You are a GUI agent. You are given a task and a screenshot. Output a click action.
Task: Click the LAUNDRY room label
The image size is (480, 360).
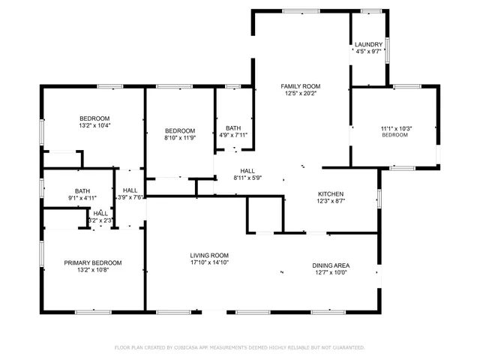pyautogui.click(x=368, y=44)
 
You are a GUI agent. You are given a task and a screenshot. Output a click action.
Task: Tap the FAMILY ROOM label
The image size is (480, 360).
pyautogui.click(x=301, y=86)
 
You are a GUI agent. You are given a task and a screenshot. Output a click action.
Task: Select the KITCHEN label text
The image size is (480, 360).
pyautogui.click(x=331, y=193)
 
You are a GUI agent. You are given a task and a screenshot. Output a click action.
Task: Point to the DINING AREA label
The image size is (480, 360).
pyautogui.click(x=331, y=265)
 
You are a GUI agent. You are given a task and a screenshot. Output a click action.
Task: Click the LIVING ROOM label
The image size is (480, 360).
pyautogui.click(x=208, y=255)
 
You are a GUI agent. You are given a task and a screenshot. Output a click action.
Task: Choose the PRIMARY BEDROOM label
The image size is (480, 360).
pyautogui.click(x=92, y=262)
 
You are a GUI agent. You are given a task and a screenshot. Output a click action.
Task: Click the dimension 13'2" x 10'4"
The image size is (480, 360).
pyautogui.click(x=94, y=126)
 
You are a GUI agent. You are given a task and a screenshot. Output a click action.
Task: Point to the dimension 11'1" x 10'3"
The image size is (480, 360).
pyautogui.click(x=396, y=128)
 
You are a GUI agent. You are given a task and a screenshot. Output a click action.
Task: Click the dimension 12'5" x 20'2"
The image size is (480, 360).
pyautogui.click(x=301, y=94)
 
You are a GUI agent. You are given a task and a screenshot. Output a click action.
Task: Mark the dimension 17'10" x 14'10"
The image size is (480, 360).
pyautogui.click(x=208, y=262)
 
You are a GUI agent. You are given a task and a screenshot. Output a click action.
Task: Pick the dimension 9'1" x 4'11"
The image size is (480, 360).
pyautogui.click(x=82, y=199)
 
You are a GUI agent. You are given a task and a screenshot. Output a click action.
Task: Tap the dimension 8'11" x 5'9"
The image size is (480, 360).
pyautogui.click(x=247, y=178)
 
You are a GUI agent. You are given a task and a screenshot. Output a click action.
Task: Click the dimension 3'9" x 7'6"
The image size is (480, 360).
pyautogui.click(x=130, y=198)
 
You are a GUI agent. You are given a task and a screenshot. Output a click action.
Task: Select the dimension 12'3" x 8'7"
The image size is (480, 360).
pyautogui.click(x=331, y=200)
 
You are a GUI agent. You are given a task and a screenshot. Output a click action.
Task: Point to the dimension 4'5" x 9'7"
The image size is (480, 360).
pyautogui.click(x=368, y=52)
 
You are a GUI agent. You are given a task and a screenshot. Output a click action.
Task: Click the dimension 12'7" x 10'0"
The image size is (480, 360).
pyautogui.click(x=331, y=273)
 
